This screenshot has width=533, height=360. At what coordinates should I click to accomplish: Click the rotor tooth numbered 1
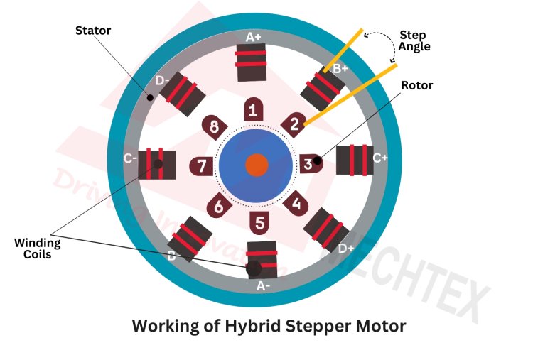click(x=253, y=110)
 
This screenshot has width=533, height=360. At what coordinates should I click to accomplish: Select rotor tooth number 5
click(x=259, y=222)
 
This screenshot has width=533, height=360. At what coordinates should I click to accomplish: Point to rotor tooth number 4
click(x=296, y=204)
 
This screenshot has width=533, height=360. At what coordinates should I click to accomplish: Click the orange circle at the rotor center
click(x=257, y=165)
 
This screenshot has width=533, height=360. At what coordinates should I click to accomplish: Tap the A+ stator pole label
click(x=253, y=37)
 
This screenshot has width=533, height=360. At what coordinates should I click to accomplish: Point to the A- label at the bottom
click(x=262, y=286)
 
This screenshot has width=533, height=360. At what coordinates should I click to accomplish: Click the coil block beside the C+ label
click(x=352, y=160)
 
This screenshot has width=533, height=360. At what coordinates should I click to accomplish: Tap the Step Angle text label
click(x=414, y=40)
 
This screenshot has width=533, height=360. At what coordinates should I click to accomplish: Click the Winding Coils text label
click(x=38, y=249)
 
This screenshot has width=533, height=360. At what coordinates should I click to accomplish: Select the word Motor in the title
click(x=380, y=327)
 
